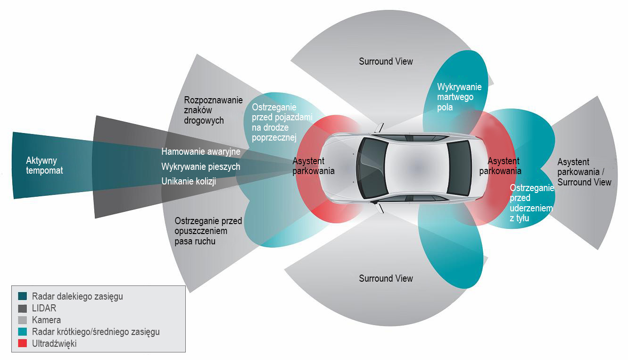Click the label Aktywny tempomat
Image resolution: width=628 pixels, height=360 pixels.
[x=44, y=166]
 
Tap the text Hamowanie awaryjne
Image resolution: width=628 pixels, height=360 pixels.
[x=201, y=151]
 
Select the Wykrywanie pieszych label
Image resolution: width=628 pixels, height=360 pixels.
[x=200, y=167]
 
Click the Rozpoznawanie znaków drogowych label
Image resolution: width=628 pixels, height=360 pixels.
[x=213, y=110]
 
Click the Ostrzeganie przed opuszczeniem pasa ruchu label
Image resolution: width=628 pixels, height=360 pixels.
[x=208, y=231]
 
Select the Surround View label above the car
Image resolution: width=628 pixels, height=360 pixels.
[x=386, y=61]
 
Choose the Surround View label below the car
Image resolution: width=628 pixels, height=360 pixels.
[x=386, y=278]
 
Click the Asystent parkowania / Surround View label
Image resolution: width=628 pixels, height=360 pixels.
[x=584, y=172]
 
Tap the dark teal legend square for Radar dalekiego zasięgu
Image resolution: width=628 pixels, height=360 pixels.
[x=22, y=296]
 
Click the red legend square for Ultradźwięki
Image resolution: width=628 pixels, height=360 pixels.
[x=22, y=343]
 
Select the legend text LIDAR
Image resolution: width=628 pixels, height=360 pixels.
[x=44, y=308]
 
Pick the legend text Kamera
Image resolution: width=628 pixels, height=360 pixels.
[x=46, y=320]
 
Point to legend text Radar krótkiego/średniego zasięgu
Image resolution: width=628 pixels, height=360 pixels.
[x=96, y=332]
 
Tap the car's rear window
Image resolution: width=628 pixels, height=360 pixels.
[x=458, y=167]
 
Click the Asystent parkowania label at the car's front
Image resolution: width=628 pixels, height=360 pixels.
[x=313, y=166]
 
